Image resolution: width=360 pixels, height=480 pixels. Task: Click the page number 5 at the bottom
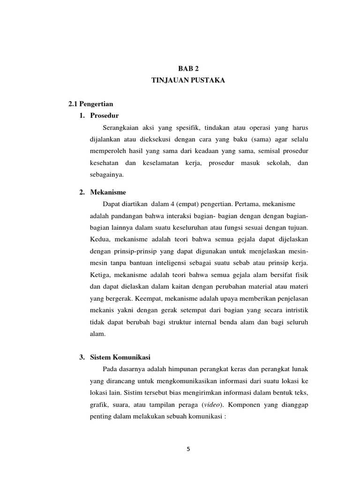pos(188,449)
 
